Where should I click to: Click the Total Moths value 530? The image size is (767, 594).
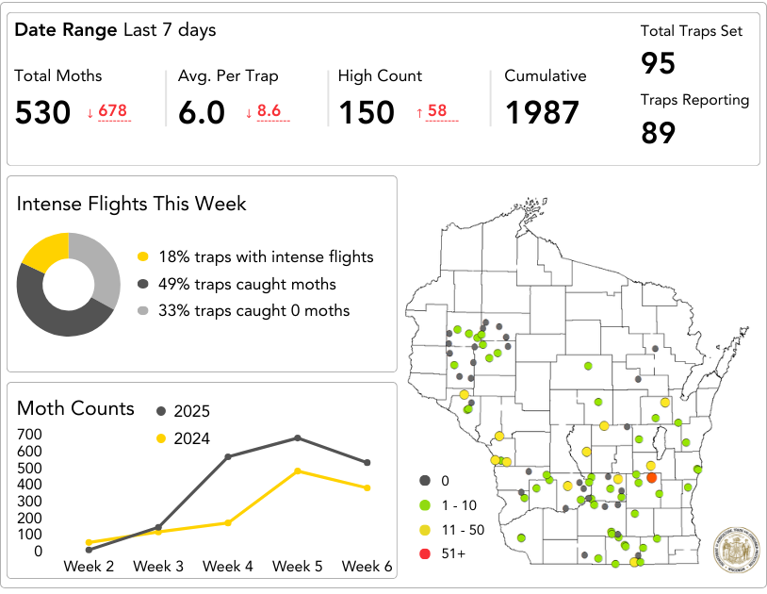coord(43,113)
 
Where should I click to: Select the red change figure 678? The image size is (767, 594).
coord(112,111)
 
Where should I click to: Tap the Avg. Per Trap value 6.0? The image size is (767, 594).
coord(202,113)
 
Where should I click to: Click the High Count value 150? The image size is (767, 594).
coord(367,113)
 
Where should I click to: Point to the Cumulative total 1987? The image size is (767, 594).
coord(542,113)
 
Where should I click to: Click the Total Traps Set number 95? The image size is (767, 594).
coord(659,64)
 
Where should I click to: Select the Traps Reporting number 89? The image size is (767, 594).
coord(659,133)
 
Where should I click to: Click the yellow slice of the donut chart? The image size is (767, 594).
coord(43,250)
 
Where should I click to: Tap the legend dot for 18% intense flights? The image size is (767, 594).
coord(143,257)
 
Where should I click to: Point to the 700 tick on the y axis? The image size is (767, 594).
coord(29,434)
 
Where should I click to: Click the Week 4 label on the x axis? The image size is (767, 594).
coord(228,566)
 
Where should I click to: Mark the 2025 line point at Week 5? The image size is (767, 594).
coord(298,437)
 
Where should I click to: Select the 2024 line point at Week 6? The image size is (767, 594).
coord(367,487)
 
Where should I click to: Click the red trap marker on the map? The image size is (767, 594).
coord(651,477)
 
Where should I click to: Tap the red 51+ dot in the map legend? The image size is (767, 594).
coord(425,553)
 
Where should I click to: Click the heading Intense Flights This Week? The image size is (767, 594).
coord(132,204)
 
